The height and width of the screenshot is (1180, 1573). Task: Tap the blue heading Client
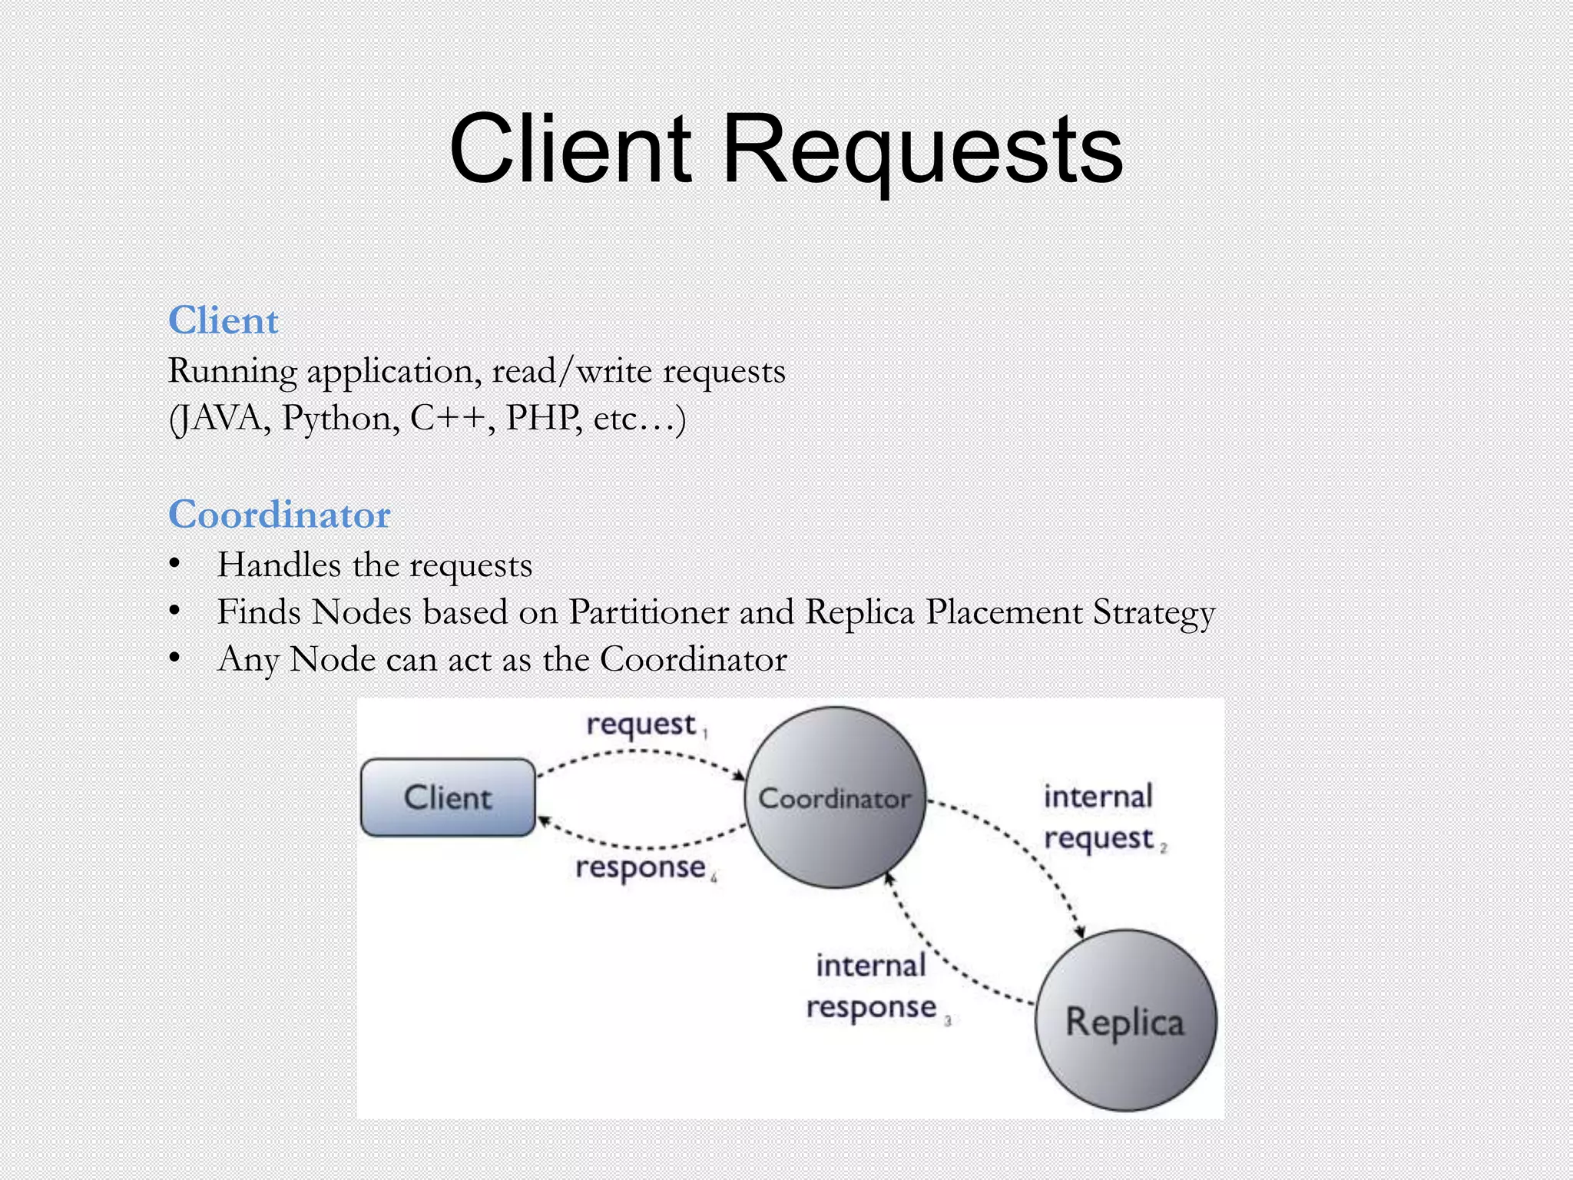point(223,320)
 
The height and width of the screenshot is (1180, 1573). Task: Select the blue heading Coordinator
point(280,514)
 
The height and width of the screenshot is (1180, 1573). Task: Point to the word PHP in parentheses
point(542,419)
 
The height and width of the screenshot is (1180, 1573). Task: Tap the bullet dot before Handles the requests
point(175,565)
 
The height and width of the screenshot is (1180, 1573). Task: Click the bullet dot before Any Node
point(175,658)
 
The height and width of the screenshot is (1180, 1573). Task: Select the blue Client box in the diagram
point(448,797)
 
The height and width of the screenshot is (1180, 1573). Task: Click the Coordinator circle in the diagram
point(835,797)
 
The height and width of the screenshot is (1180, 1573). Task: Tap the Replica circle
point(1125,1021)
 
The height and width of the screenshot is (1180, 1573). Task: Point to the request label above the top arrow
point(641,724)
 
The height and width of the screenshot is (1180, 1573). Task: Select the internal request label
point(1099,817)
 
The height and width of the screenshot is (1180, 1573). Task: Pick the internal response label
point(872,986)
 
